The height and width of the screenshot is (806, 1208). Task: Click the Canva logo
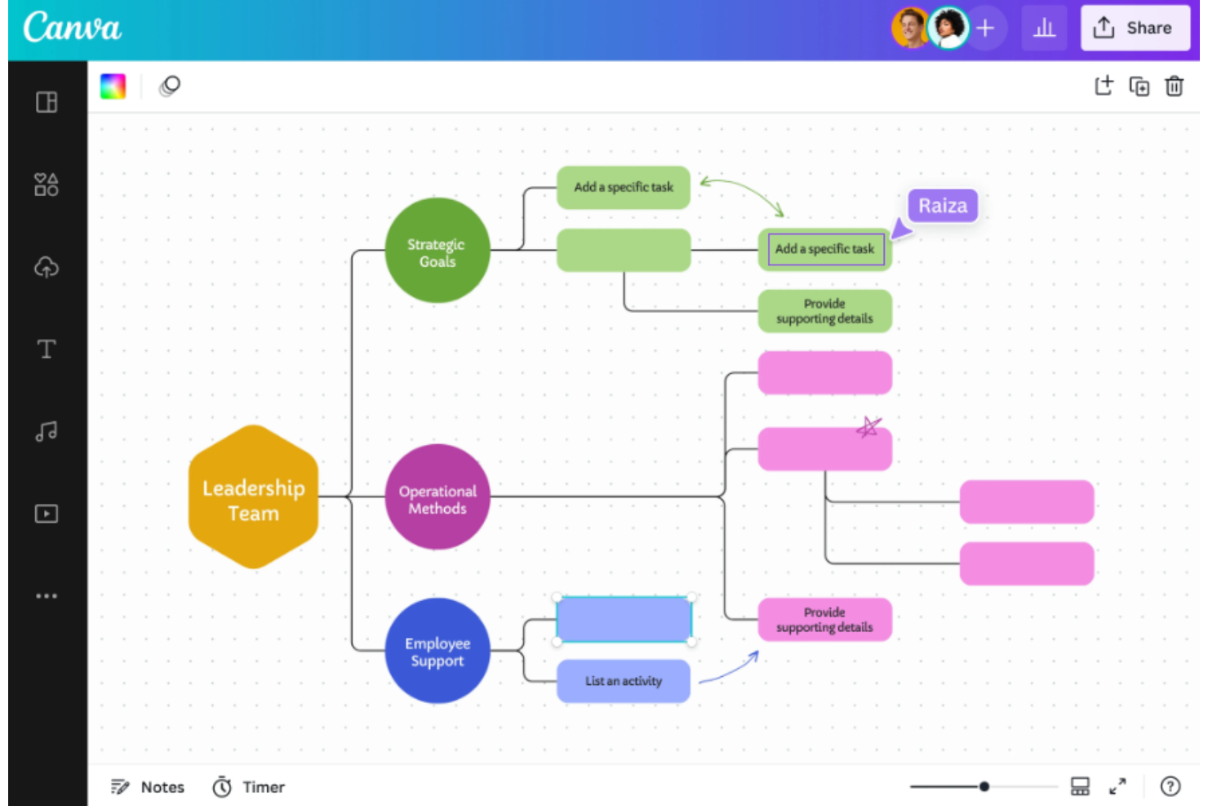(73, 27)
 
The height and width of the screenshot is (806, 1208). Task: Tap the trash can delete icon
(1174, 87)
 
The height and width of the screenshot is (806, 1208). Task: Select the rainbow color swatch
(113, 87)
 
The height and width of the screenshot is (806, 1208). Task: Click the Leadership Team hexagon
(254, 497)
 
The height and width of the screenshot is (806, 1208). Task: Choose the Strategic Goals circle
(437, 251)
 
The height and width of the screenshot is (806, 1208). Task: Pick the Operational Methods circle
(437, 497)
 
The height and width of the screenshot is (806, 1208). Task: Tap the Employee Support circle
(437, 651)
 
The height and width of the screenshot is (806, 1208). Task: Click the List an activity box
(624, 681)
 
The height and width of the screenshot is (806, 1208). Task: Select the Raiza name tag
(943, 206)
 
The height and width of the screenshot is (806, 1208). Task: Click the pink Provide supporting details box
(824, 619)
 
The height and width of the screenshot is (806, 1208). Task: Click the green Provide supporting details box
(824, 311)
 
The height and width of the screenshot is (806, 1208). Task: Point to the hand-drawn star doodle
(868, 427)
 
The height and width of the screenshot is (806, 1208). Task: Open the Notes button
(147, 787)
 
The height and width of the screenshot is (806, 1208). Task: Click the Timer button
(248, 787)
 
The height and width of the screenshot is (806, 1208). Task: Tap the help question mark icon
(1170, 786)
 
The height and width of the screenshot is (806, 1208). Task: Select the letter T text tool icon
(47, 349)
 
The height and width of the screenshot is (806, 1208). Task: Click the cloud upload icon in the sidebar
(47, 267)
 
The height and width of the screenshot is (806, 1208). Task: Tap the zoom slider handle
(984, 786)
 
